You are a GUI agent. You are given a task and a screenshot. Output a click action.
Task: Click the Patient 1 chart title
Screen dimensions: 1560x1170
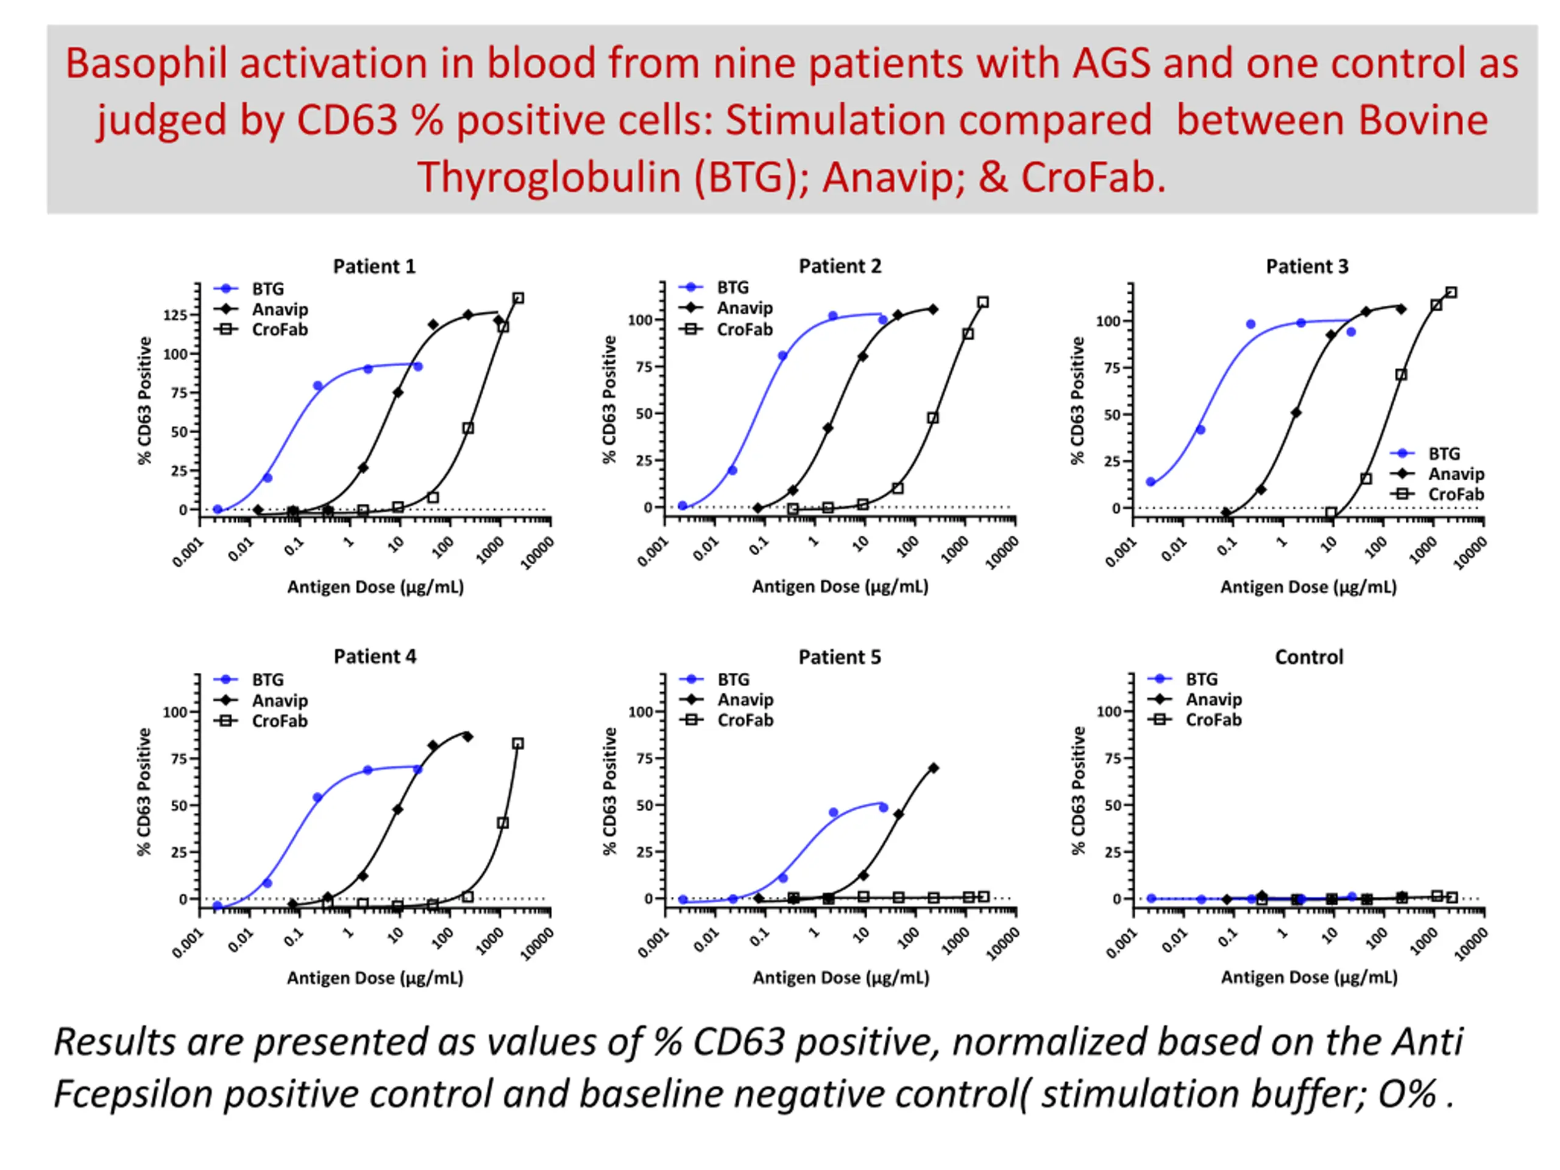click(x=375, y=266)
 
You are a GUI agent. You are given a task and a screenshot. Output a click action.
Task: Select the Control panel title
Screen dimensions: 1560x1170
click(x=1309, y=658)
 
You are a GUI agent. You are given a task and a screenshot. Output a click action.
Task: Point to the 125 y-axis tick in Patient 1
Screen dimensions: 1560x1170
click(x=175, y=315)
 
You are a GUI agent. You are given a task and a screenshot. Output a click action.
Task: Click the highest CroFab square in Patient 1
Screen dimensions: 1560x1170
click(x=519, y=299)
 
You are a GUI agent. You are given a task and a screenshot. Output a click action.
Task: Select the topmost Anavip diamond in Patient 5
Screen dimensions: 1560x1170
click(x=933, y=768)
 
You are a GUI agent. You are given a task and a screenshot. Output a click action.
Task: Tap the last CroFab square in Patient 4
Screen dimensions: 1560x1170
click(x=519, y=743)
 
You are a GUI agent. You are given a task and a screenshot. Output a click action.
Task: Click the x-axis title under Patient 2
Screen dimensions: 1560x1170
click(x=840, y=587)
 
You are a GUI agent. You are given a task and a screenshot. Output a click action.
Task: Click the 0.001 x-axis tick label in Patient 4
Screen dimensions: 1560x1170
click(x=188, y=943)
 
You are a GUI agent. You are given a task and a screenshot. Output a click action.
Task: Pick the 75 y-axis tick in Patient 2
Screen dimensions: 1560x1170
click(x=645, y=367)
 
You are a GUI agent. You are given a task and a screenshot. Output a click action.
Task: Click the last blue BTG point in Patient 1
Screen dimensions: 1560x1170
click(x=417, y=367)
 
